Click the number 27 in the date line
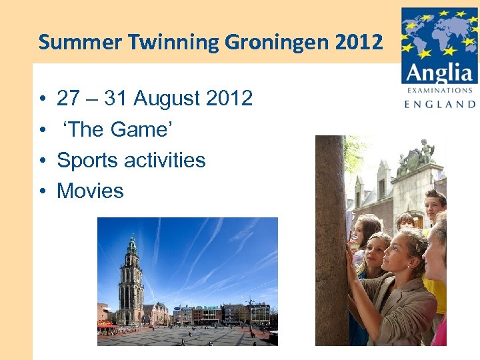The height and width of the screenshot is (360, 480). pyautogui.click(x=68, y=99)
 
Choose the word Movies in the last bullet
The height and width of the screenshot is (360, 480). pyautogui.click(x=90, y=191)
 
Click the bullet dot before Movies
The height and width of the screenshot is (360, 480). pyautogui.click(x=41, y=192)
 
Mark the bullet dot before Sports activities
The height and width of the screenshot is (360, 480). pyautogui.click(x=41, y=161)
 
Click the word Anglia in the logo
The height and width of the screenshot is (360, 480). pyautogui.click(x=440, y=71)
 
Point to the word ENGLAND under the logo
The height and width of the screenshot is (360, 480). pyautogui.click(x=440, y=104)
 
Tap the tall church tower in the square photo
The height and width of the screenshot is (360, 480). pyautogui.click(x=131, y=280)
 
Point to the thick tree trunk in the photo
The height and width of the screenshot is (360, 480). pyautogui.click(x=331, y=240)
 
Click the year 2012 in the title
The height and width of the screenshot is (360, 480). pyautogui.click(x=359, y=43)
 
